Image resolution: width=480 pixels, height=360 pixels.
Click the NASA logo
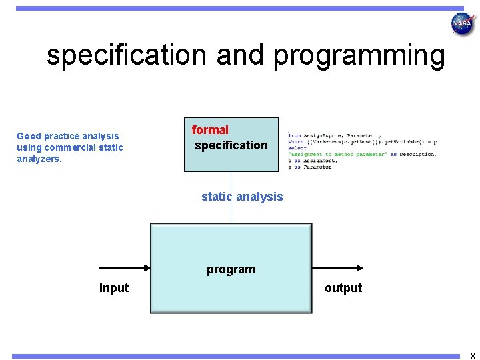tap(462, 24)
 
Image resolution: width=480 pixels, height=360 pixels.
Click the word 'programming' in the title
tap(359, 55)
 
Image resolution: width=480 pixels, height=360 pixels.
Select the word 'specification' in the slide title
tap(127, 55)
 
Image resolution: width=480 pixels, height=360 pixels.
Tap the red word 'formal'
tap(210, 130)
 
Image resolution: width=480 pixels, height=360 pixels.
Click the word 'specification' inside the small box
tap(231, 145)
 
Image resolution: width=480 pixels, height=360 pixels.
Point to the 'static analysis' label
tap(242, 197)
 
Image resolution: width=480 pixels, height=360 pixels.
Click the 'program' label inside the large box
tap(231, 269)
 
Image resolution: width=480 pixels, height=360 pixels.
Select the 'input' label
tap(114, 288)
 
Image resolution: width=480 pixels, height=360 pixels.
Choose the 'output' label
tap(343, 288)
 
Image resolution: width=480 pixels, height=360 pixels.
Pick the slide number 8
tap(472, 356)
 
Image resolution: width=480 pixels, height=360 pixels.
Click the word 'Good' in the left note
tap(29, 136)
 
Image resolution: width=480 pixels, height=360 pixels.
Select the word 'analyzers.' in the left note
tap(39, 159)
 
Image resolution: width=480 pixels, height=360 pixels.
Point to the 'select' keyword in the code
tap(297, 149)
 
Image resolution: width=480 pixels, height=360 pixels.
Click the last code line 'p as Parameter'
tap(309, 167)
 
